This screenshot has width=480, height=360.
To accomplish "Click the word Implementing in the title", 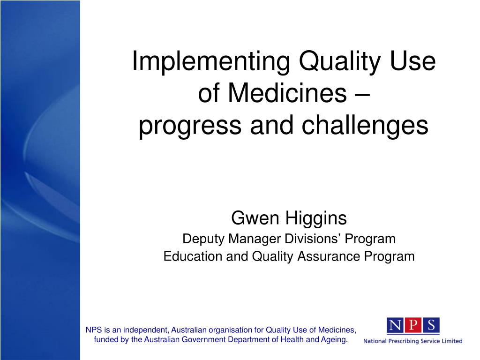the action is [x=211, y=62].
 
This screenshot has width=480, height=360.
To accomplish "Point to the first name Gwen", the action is [x=255, y=218].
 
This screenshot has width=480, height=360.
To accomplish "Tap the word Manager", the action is [x=255, y=239].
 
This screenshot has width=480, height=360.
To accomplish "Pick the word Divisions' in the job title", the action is [x=313, y=239].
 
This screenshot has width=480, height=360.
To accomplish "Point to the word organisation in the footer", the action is [x=231, y=330].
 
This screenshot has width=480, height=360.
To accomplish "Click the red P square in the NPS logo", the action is [x=413, y=325].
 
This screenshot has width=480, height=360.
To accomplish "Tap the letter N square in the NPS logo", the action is [x=396, y=325].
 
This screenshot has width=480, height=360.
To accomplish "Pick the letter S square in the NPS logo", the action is [x=431, y=325].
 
